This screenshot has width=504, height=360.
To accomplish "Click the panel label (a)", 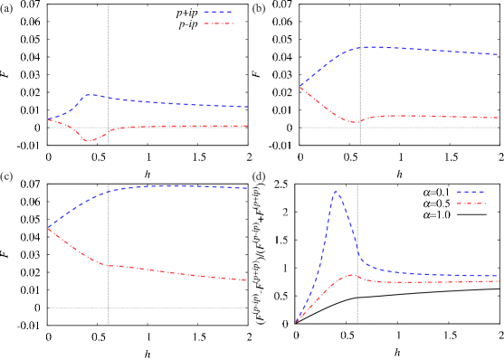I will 6,9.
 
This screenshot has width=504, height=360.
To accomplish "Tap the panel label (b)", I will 259,9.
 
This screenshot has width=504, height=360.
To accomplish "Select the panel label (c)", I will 6,175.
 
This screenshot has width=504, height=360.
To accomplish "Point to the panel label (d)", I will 259,175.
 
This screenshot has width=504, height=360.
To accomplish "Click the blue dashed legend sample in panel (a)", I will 218,13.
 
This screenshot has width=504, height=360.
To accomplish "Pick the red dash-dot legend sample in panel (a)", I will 218,24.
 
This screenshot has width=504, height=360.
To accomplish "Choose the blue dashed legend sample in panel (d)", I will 471,192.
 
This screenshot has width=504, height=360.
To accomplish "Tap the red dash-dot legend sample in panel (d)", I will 471,204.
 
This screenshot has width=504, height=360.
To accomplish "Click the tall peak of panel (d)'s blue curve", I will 336,191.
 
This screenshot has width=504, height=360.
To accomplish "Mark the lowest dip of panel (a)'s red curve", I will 90,141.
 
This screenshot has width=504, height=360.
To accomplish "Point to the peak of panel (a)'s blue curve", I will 89,94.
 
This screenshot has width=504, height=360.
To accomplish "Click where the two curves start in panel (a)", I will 49,119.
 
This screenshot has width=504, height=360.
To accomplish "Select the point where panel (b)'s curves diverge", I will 300,88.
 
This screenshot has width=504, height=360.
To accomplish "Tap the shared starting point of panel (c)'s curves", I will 49,227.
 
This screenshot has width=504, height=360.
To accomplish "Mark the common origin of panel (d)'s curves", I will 296,321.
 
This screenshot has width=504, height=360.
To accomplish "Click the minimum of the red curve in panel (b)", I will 355,121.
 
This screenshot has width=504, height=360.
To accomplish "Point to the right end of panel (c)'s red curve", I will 246,279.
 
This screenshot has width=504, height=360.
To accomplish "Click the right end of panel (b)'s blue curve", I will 498,55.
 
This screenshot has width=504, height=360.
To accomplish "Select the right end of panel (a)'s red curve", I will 247,126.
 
